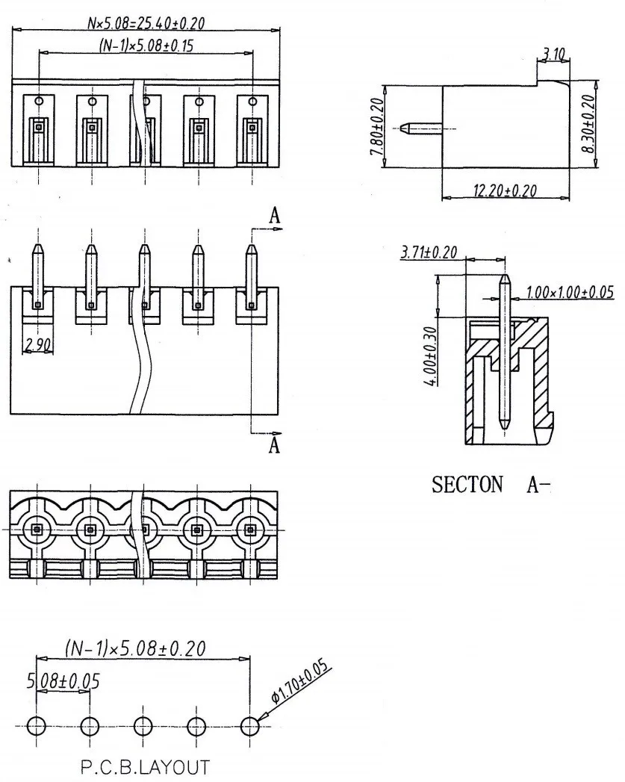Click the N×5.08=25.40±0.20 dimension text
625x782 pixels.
click(146, 23)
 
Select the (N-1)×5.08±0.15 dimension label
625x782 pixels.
click(146, 46)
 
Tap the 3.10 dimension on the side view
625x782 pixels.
click(553, 53)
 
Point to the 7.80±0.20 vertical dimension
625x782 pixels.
click(377, 125)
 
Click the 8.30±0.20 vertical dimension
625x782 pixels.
click(589, 124)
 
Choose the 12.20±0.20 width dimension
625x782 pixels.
click(505, 190)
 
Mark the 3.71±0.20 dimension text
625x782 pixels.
click(429, 252)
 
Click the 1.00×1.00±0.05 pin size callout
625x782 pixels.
click(570, 292)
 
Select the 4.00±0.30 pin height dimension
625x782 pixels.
click(431, 356)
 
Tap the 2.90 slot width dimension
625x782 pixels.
click(37, 344)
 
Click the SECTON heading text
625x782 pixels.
click(467, 484)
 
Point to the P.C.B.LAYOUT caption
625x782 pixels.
click(145, 767)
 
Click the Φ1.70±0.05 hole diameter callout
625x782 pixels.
click(300, 681)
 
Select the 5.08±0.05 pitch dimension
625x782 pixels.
click(63, 680)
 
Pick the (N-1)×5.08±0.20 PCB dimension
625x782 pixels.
click(135, 648)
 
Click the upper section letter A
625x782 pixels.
click(275, 216)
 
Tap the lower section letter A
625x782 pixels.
click(274, 445)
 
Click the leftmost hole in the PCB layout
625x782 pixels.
click(36, 726)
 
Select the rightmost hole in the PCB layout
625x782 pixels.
click(249, 726)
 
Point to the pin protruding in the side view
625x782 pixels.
click(423, 128)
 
